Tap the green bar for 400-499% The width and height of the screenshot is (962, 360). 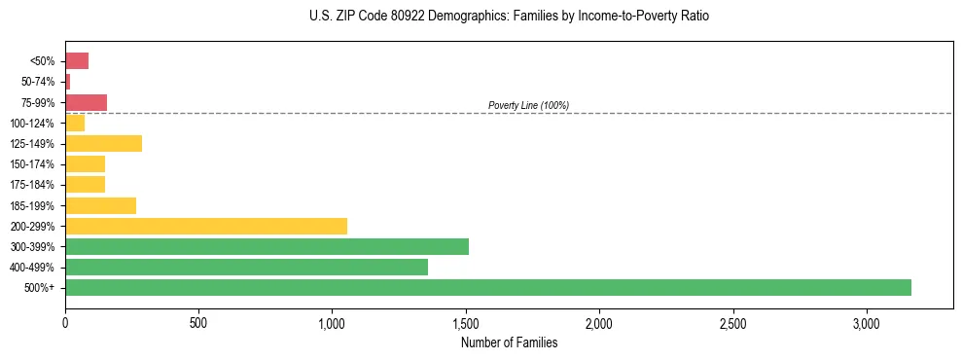click(x=246, y=267)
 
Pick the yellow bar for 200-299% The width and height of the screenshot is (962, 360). click(x=206, y=226)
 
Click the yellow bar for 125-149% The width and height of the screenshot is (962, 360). click(x=103, y=144)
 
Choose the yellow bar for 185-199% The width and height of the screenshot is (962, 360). click(x=100, y=205)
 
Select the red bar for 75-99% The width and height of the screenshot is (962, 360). click(x=86, y=102)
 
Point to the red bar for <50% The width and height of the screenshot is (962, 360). click(x=77, y=61)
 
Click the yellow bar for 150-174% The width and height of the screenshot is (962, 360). click(x=85, y=164)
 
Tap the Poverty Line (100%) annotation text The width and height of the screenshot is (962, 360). click(x=528, y=105)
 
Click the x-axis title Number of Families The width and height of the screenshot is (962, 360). click(x=509, y=342)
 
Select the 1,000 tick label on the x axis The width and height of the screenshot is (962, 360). click(x=332, y=323)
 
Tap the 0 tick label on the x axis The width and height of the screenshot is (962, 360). click(x=65, y=323)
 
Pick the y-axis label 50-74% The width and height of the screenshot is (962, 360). click(x=39, y=82)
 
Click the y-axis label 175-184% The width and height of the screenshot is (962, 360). click(x=33, y=185)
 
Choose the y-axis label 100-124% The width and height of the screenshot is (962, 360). click(x=33, y=124)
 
